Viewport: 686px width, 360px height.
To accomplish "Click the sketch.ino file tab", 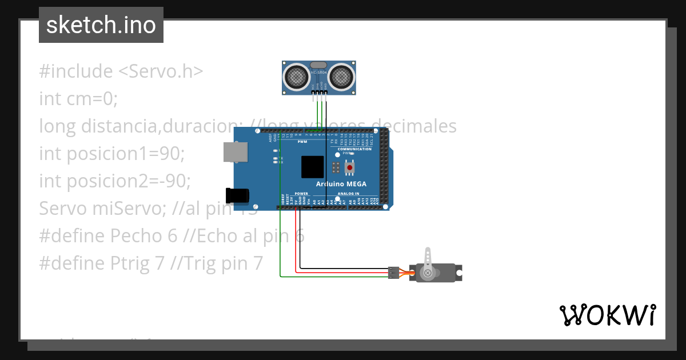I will [x=101, y=25].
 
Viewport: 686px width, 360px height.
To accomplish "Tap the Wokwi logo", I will [x=607, y=315].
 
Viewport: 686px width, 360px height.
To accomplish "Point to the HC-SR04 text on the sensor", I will [x=318, y=73].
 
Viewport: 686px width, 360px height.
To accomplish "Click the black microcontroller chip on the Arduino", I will [x=312, y=167].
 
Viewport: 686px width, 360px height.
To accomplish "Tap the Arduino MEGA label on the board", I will [x=341, y=184].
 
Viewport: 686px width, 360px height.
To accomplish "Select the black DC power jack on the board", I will [x=237, y=195].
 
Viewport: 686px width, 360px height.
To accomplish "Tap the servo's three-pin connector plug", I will [x=393, y=273].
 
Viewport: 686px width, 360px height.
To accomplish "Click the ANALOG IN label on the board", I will [x=349, y=194].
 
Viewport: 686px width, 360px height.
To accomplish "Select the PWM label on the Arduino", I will [x=302, y=142].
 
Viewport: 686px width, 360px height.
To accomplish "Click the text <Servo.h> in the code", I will [x=161, y=71].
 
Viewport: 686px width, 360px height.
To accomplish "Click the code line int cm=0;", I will [x=78, y=99].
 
